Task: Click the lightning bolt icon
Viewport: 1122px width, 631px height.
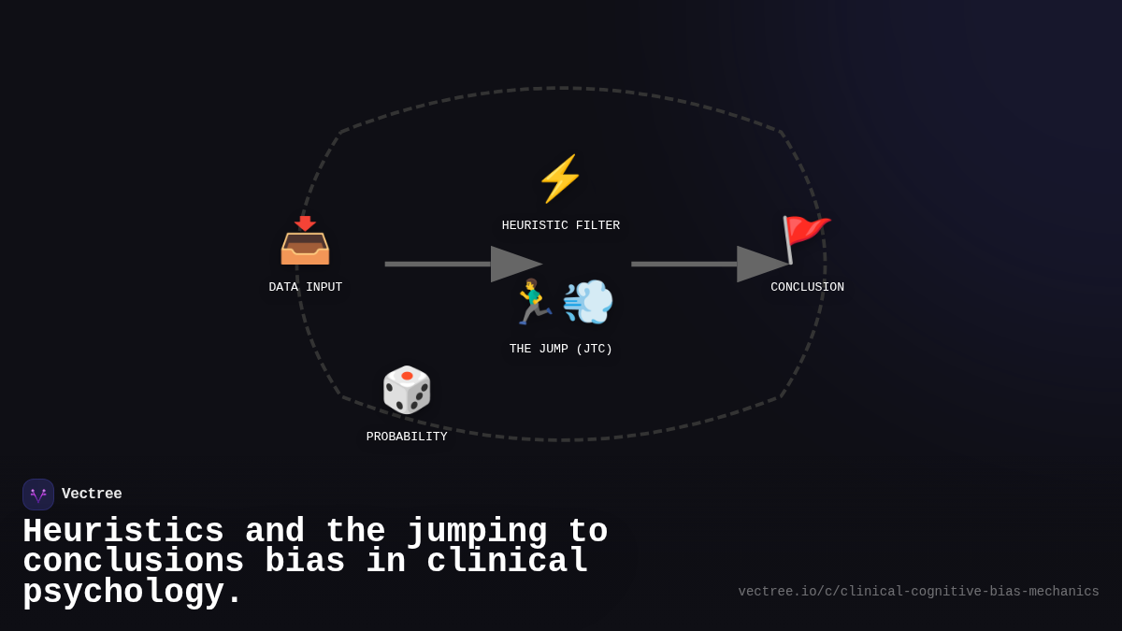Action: coord(560,179)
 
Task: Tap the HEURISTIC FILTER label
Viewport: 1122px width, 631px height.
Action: coord(560,225)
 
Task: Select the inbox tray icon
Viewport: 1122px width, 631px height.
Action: coord(305,241)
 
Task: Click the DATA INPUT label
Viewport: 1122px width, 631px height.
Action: coord(305,287)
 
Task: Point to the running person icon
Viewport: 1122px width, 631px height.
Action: coord(533,302)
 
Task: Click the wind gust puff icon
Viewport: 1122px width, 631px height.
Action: coord(588,302)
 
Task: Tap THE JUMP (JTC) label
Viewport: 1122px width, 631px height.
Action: coord(560,349)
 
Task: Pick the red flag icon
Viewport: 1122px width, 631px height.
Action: coord(805,239)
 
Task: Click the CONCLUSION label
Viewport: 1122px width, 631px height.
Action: coord(807,287)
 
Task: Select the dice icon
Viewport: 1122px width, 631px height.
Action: coord(407,390)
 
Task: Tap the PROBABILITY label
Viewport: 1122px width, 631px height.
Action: coord(407,437)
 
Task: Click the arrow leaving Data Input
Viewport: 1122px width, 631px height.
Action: coord(463,264)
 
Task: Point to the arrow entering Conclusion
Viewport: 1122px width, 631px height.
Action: coord(709,264)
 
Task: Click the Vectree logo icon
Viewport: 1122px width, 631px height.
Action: coord(38,495)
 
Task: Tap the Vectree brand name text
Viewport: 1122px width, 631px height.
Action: coord(92,495)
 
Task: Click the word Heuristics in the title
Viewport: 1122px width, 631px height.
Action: coord(123,532)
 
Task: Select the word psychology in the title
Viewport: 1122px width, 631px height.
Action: coord(132,593)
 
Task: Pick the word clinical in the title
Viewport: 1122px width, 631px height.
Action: coord(508,562)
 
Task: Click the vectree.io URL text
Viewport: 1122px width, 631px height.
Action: coord(918,592)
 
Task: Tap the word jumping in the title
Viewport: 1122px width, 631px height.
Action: coord(477,532)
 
